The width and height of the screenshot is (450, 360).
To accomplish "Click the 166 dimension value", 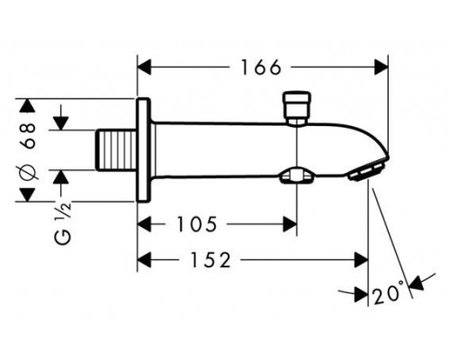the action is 261,67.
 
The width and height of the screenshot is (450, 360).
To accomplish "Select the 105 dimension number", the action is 196,224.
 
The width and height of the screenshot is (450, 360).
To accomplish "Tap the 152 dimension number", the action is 211,260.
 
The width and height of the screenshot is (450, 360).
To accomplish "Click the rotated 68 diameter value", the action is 29,135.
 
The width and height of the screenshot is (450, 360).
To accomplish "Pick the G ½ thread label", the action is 63,221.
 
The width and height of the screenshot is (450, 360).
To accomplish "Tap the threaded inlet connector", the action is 116,150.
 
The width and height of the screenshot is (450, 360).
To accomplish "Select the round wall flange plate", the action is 143,149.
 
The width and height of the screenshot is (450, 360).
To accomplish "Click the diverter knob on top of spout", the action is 297,108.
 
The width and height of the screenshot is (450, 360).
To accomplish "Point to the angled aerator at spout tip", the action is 366,173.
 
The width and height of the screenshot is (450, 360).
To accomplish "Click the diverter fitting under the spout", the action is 296,175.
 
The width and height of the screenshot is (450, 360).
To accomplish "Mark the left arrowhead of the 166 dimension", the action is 143,67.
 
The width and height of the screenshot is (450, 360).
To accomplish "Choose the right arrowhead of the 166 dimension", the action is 382,67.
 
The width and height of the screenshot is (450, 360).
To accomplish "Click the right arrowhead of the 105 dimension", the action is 290,224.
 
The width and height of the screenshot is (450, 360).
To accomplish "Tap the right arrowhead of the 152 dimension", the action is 361,260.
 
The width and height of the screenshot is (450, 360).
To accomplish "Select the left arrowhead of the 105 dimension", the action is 143,224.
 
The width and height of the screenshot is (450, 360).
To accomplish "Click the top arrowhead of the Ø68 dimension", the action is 28,105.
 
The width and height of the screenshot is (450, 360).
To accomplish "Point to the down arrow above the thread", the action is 61,123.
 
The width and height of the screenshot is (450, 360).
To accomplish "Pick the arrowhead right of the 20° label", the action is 417,283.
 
